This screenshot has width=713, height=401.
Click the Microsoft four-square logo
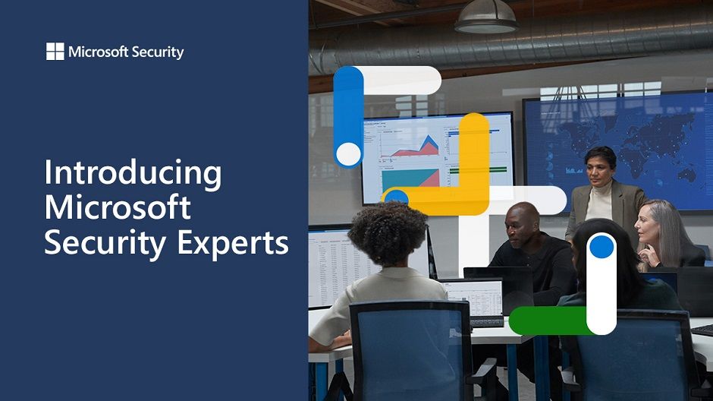point(55,52)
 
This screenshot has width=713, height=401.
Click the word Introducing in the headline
point(133,174)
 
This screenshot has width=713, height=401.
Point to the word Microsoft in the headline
point(118,207)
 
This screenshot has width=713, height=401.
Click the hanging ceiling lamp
point(485,18)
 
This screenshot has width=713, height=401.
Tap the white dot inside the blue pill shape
point(349,154)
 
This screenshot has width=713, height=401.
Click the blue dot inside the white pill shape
point(601,246)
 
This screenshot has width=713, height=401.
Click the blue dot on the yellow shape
point(397,197)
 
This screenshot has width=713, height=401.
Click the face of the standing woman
point(599,170)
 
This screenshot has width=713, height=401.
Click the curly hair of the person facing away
point(388,233)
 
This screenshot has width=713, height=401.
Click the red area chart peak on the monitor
point(428,144)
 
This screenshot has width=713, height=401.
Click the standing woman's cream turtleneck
point(599,204)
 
